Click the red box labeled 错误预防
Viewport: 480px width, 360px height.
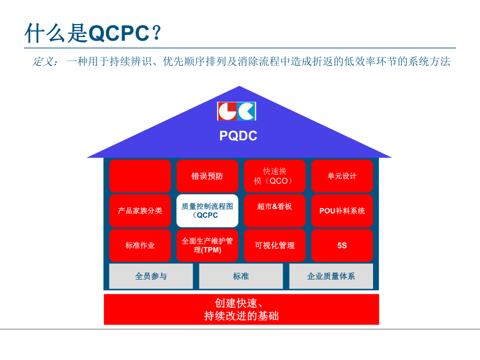coord(207,176)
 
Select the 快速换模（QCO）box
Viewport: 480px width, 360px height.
coord(274,176)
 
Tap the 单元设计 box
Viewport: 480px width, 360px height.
coord(342,176)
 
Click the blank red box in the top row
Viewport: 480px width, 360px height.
coord(140,176)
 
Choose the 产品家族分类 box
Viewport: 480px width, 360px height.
coord(140,211)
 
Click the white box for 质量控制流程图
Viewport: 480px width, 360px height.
coord(207,211)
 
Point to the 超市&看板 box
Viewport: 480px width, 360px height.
coord(274,211)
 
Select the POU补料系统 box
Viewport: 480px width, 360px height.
coord(342,211)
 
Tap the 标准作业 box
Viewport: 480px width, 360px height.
coord(140,245)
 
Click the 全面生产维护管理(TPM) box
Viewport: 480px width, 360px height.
coord(207,245)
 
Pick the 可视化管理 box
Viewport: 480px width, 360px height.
coord(274,245)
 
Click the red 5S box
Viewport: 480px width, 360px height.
coord(342,245)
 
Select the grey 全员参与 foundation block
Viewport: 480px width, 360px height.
coord(151,276)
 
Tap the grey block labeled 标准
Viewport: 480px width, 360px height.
coord(241,276)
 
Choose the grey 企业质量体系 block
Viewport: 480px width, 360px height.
coord(331,276)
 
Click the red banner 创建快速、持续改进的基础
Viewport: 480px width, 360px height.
coord(241,309)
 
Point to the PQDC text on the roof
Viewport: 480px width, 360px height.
coord(238,136)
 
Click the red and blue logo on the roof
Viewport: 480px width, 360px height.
coord(236,111)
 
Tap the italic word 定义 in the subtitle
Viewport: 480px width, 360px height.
coord(45,62)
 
